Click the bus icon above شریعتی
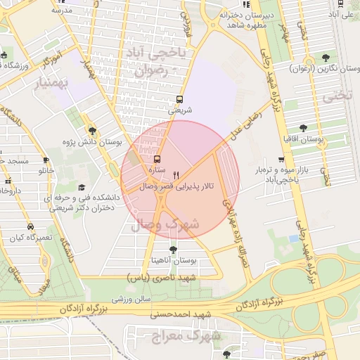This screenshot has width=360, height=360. (179, 99)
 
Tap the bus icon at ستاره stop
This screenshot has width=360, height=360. (156, 159)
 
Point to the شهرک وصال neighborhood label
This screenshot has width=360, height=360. (166, 224)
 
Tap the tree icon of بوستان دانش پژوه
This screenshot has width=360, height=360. (92, 130)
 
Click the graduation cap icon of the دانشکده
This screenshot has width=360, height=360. (82, 188)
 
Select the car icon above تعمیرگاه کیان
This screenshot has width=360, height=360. (30, 226)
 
